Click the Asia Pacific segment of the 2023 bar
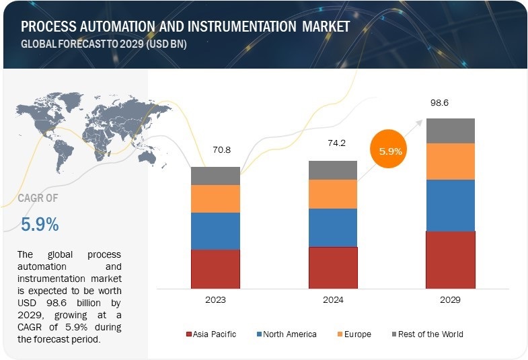pos(215,268)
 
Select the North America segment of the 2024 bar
pos(333,227)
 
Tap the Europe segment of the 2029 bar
pos(451,161)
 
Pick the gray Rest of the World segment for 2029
pos(451,131)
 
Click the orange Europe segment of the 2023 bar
pos(215,199)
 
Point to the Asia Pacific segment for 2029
pos(451,260)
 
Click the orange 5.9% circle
pos(391,151)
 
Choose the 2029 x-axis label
pos(451,299)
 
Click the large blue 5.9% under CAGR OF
pos(40,224)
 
